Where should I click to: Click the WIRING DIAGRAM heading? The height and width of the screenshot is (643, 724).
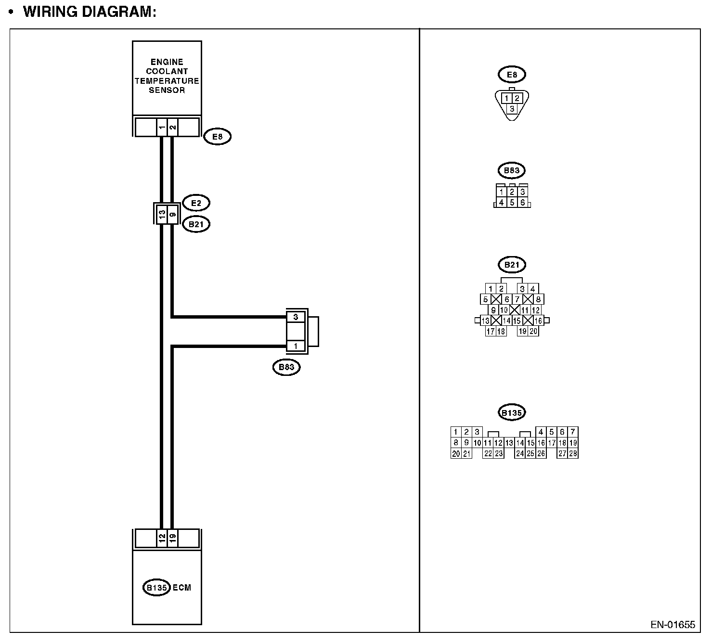tap(90, 12)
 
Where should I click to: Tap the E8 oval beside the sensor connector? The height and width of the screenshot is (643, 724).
tap(218, 137)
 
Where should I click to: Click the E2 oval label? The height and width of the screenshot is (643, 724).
tap(196, 203)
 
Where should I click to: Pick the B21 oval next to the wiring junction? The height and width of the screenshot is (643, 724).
tap(196, 224)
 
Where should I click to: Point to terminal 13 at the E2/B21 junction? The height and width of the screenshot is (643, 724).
tap(161, 214)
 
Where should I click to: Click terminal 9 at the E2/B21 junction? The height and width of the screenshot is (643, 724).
tap(172, 214)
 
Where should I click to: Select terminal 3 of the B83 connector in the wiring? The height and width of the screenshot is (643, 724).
tap(296, 317)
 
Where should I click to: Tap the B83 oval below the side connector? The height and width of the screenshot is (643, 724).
tap(286, 368)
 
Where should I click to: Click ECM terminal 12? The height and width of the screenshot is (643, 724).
tap(161, 538)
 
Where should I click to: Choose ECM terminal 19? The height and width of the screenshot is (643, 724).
tap(172, 538)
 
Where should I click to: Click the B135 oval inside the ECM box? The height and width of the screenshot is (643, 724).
tap(156, 588)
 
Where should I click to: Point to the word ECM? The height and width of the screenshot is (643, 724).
tap(182, 588)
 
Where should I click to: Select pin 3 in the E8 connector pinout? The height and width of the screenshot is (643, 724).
tap(512, 109)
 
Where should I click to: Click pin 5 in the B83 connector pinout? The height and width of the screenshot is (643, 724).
tap(512, 203)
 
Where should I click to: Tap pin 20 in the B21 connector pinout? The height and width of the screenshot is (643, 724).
tap(533, 331)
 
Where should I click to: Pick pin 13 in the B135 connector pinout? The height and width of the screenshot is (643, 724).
tap(509, 443)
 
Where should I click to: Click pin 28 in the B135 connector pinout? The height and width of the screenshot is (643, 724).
tap(573, 453)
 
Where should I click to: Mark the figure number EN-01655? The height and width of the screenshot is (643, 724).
tap(672, 625)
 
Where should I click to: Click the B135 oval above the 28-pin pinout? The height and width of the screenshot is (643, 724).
tap(511, 413)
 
